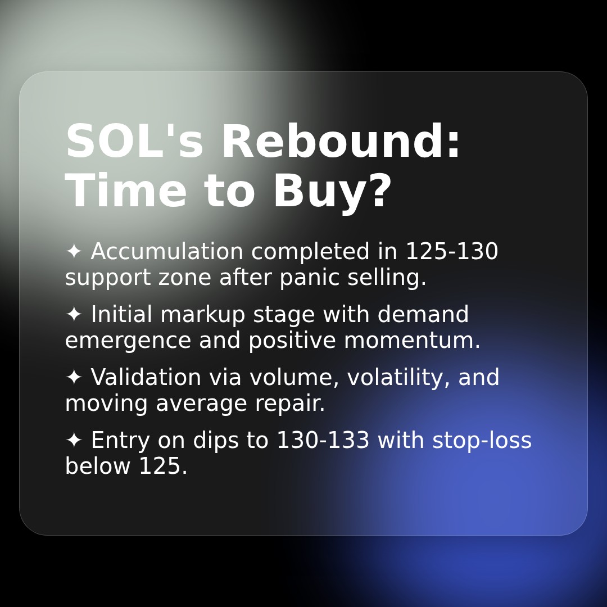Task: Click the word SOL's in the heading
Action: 134,142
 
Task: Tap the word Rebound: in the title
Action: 341,142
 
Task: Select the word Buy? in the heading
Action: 332,192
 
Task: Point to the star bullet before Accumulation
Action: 74,251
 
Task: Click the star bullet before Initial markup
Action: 74,314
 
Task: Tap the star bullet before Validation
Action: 74,377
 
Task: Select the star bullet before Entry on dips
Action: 74,440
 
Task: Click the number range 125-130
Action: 451,252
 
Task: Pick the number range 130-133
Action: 323,441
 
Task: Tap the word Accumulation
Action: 167,252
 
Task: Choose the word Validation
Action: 146,378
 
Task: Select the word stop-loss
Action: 482,441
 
